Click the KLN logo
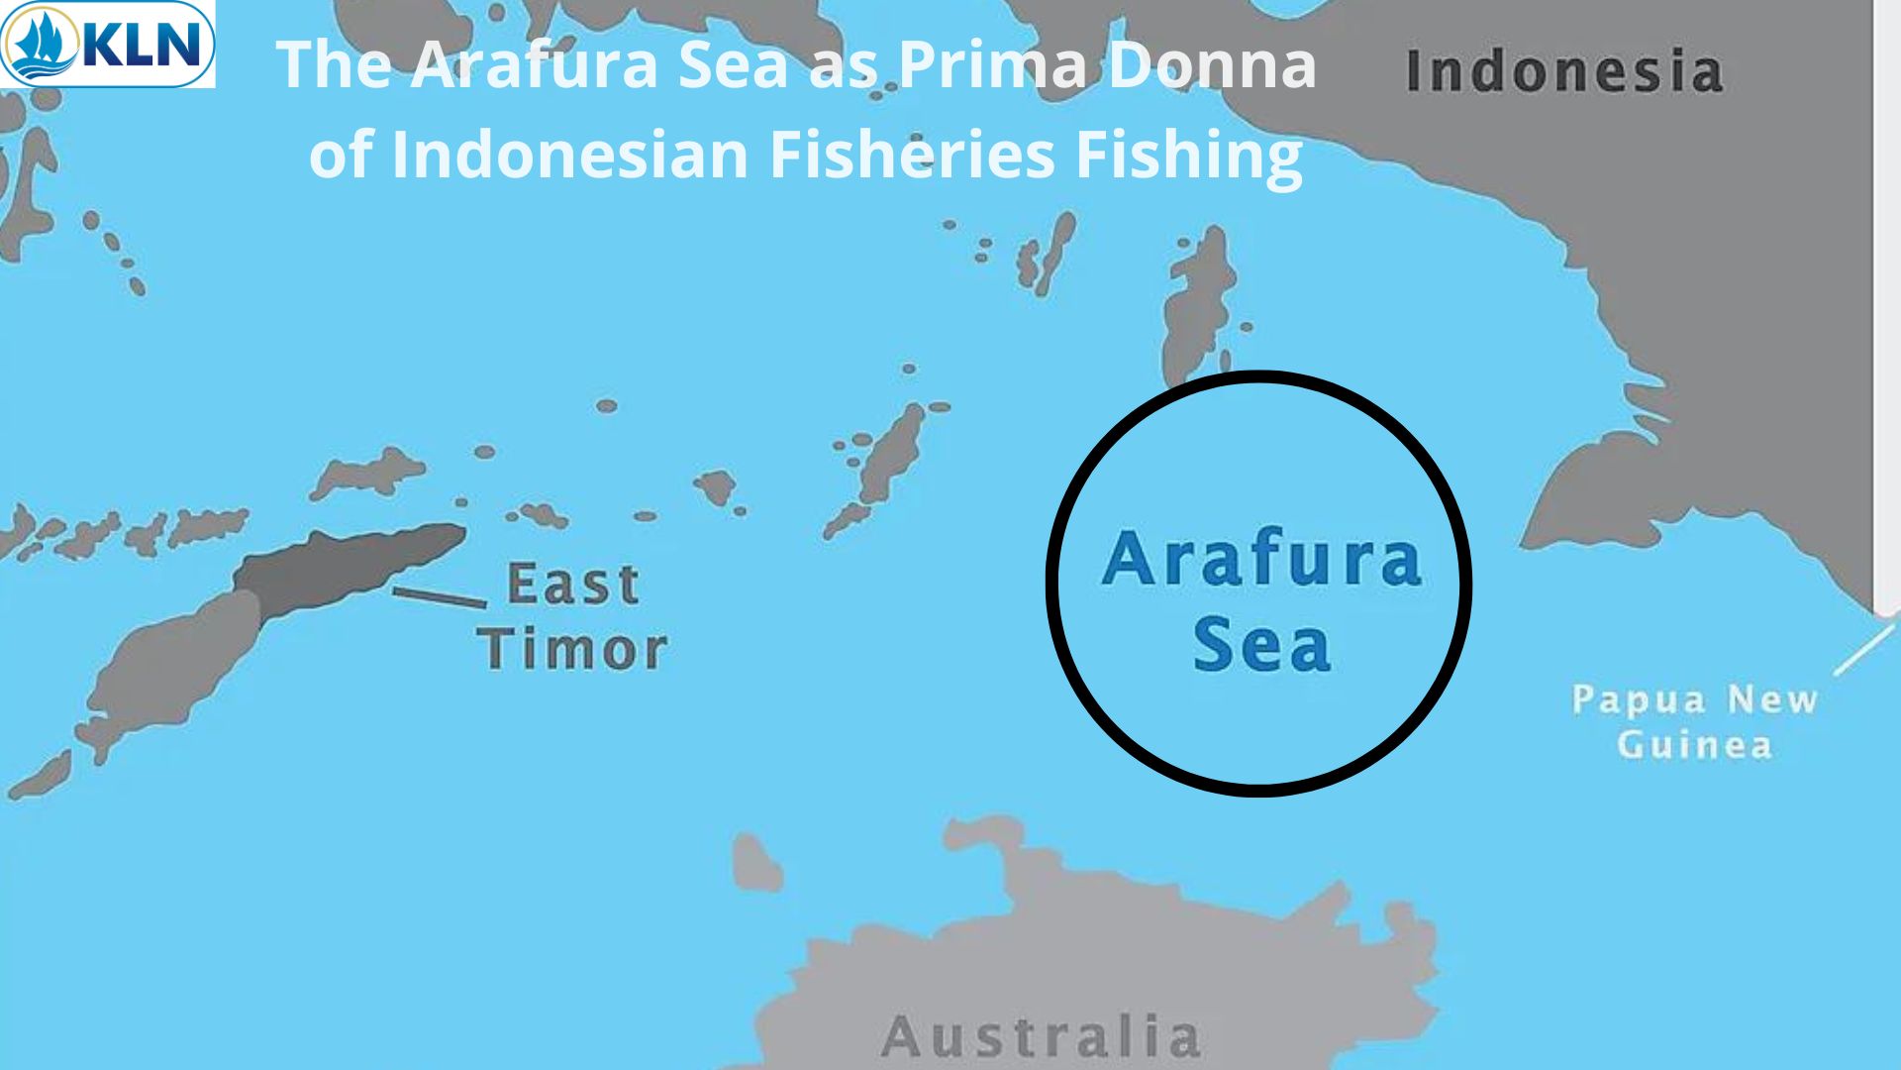tap(107, 44)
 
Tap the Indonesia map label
tap(1564, 71)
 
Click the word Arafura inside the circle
tap(1261, 560)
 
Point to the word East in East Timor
tap(572, 584)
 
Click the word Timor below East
tap(572, 650)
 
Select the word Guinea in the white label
tap(1694, 745)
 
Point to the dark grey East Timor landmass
tap(347, 565)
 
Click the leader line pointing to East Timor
tap(440, 597)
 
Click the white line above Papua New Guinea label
tap(1863, 651)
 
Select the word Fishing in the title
tap(1188, 156)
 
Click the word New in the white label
tap(1772, 699)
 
